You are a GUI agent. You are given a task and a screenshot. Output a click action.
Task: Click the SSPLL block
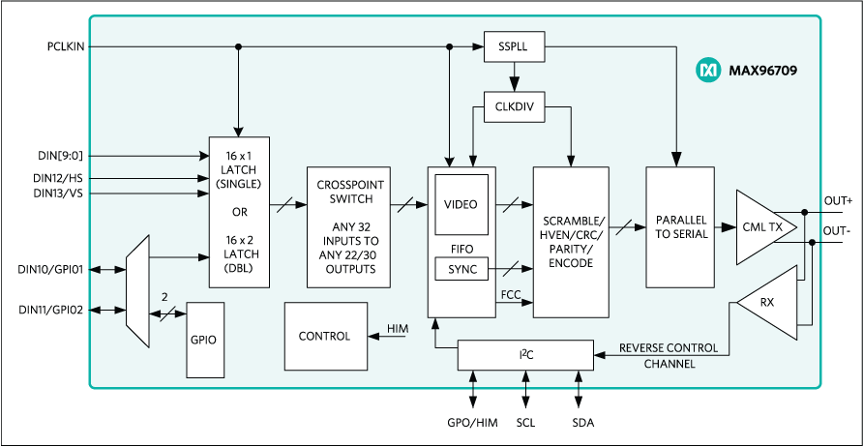pos(514,46)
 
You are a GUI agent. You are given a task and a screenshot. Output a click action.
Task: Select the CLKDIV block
pos(514,106)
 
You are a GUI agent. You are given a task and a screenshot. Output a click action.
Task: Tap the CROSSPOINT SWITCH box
pos(348,227)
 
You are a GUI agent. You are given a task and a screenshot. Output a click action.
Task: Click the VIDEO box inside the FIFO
pos(461,205)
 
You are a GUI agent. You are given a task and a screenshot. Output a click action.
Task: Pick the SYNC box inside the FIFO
pos(461,269)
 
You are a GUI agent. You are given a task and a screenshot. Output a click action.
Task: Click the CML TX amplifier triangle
pos(764,227)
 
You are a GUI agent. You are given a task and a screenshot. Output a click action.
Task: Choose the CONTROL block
pos(325,337)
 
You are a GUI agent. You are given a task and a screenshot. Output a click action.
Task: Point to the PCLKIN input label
pos(66,45)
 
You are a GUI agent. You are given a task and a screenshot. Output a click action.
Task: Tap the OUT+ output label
pos(838,200)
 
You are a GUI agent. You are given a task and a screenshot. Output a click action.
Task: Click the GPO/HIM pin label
pos(473,424)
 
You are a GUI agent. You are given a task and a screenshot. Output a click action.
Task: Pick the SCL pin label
pos(525,424)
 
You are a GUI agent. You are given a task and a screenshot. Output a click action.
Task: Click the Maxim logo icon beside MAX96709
pos(708,70)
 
